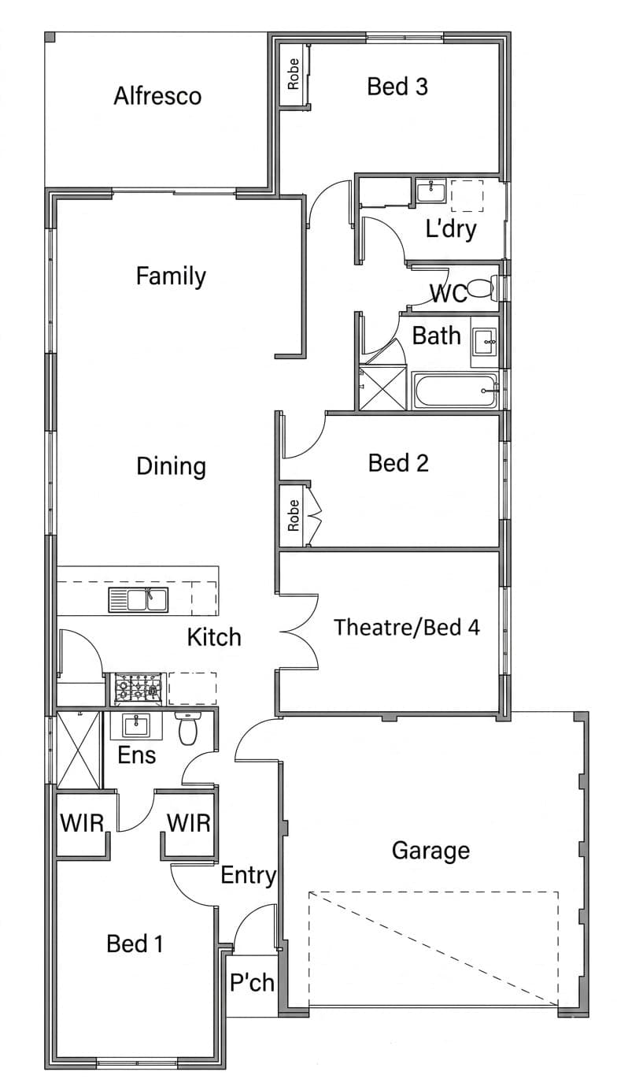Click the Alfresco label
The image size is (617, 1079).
157,96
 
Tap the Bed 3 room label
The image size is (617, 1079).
397,87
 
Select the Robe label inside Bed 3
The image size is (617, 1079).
293,74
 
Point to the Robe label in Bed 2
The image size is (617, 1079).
293,515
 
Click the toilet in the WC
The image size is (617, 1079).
482,287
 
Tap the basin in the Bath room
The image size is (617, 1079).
484,341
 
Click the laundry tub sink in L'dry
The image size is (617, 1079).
431,192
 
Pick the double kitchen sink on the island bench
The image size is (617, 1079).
139,600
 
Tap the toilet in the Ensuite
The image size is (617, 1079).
188,729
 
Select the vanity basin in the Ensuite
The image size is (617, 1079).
137,725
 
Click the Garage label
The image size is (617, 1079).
430,851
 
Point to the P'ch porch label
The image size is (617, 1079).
252,983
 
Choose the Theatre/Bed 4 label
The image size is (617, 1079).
407,627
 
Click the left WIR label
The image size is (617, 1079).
82,823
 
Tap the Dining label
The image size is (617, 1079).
171,466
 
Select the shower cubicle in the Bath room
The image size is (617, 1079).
382,388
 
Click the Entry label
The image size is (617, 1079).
249,876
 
